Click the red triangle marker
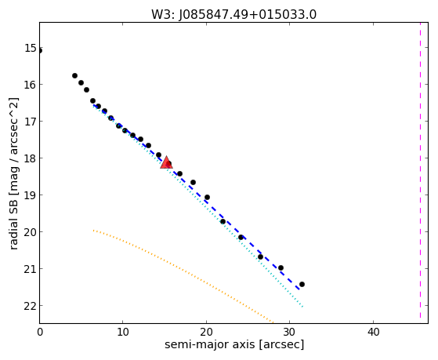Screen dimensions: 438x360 coord(166,163)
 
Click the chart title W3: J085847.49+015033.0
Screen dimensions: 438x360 coord(233,14)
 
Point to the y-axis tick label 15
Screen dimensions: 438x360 coord(31,48)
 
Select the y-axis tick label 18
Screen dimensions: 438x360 coord(31,158)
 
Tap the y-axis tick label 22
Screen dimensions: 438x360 coord(31,306)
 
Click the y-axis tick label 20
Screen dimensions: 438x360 coord(31,232)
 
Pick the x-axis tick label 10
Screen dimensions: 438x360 coord(123,332)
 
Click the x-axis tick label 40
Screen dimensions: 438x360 coord(373,332)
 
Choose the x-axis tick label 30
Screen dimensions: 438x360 coord(290,332)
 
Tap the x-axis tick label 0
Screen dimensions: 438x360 coord(40,332)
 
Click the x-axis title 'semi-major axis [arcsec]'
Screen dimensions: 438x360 coord(234,344)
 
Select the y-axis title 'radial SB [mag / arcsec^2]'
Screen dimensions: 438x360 coord(13,173)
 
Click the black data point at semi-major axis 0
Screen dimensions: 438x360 coord(40,51)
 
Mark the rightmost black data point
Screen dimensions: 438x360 coord(302,285)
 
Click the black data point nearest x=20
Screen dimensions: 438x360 coord(207,198)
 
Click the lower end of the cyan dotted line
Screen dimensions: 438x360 coord(302,307)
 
